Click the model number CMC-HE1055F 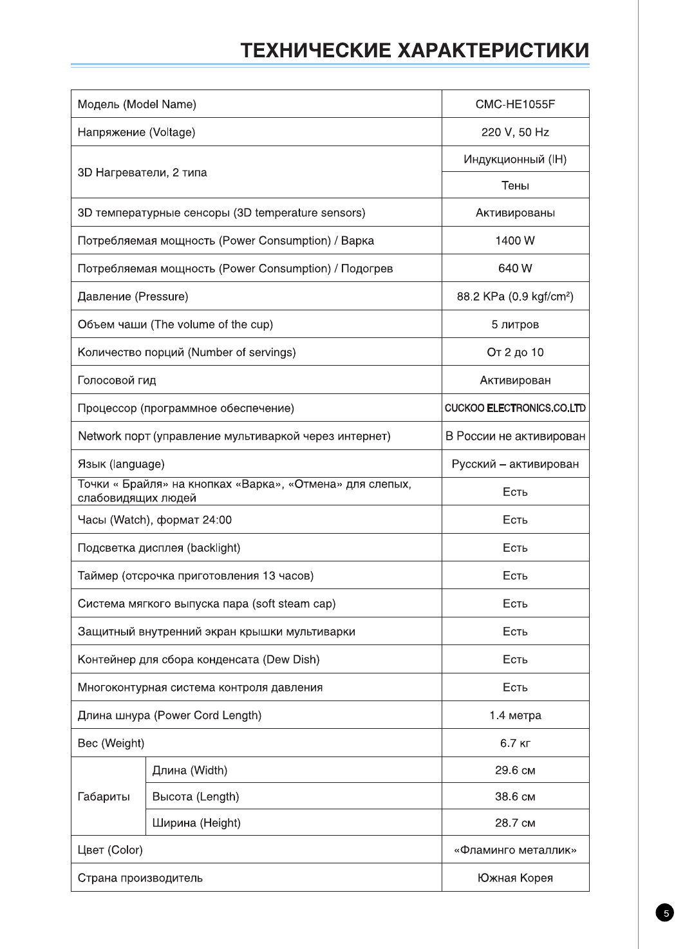point(515,104)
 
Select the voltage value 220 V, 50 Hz point(515,132)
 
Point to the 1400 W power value point(515,241)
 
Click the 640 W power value point(515,268)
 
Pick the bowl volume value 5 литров point(515,324)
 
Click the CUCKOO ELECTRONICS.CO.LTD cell point(515,408)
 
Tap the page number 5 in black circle point(665,913)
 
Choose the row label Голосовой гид point(117,381)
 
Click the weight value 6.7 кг point(515,744)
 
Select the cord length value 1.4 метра point(515,715)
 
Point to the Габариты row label point(104,797)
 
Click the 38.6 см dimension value point(515,797)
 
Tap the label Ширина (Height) point(196,823)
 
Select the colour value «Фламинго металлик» point(515,850)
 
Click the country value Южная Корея point(515,878)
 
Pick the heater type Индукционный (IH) point(515,160)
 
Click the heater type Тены point(515,186)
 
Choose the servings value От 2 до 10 point(515,353)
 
